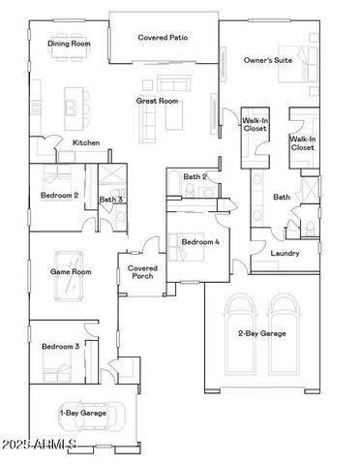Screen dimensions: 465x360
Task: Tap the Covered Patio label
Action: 163,38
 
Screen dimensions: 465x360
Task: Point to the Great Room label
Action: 156,100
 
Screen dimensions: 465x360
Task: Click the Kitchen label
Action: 87,143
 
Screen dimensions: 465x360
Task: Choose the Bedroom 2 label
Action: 60,194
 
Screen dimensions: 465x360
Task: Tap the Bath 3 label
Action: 111,200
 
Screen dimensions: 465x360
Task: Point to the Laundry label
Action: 285,254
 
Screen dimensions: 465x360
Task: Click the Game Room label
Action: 70,272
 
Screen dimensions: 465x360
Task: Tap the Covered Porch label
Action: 142,272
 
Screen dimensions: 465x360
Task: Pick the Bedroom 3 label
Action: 59,345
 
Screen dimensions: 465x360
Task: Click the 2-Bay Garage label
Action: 260,334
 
